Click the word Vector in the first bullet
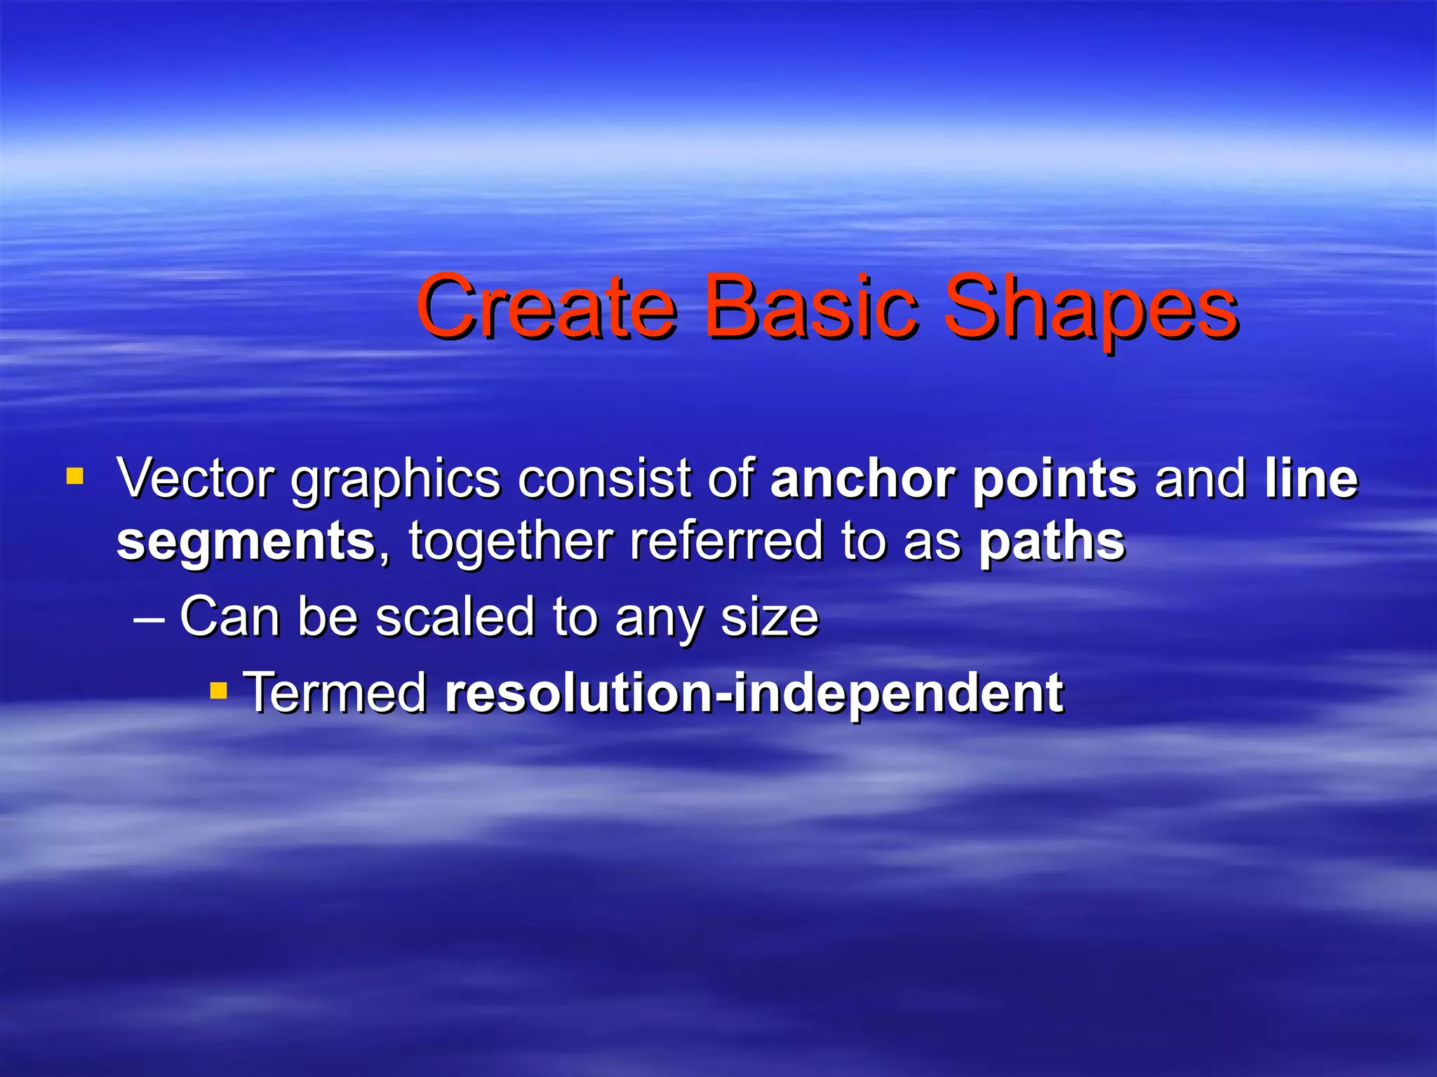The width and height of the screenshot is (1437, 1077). [196, 478]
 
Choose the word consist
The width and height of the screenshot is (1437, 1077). [604, 478]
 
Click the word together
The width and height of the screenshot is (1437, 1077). [511, 541]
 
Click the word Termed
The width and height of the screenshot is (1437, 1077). [335, 692]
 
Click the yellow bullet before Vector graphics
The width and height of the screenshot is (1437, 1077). [74, 477]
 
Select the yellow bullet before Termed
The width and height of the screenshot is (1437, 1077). [219, 692]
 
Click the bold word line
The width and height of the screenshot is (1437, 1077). [1311, 478]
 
